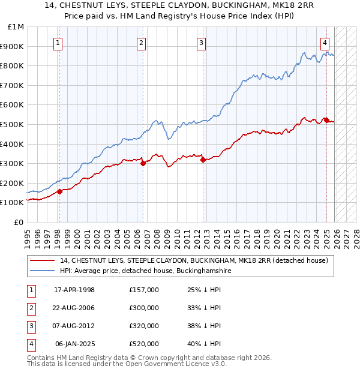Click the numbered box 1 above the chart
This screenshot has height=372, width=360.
point(58,43)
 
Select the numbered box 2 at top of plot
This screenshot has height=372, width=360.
point(140,43)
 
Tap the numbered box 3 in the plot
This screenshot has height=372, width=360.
point(201,43)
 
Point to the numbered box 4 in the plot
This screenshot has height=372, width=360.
point(325,43)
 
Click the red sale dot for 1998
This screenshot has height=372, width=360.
point(59,192)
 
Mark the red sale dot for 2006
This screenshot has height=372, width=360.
point(143,163)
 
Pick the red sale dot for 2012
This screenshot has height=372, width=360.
point(203,160)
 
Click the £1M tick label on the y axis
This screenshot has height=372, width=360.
point(16,27)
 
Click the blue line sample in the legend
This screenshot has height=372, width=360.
point(43,271)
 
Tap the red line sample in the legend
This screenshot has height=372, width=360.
point(43,261)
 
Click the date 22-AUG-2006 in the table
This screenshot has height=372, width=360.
point(74,308)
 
